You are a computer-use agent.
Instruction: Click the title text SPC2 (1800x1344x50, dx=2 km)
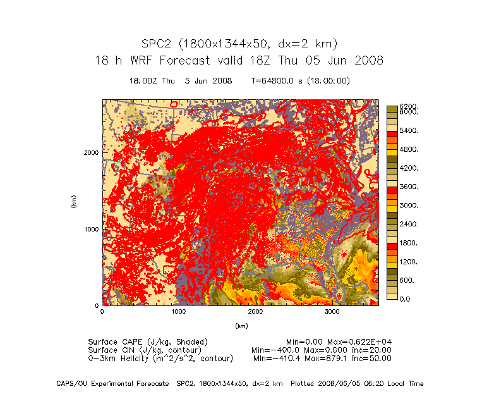click(x=239, y=44)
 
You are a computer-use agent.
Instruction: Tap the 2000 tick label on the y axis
click(x=91, y=152)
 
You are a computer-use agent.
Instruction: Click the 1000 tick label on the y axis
click(x=91, y=229)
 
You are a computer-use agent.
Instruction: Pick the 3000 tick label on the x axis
click(x=333, y=312)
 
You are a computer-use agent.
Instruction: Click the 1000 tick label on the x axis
click(x=179, y=312)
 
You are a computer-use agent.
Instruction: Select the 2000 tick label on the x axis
click(x=256, y=312)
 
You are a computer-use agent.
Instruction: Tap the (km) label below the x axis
click(x=241, y=326)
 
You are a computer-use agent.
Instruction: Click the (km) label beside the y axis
click(x=74, y=203)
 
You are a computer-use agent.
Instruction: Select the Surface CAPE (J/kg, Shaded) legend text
click(x=148, y=341)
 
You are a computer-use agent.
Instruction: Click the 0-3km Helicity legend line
click(x=160, y=358)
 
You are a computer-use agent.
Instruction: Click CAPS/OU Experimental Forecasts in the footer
click(x=112, y=383)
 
